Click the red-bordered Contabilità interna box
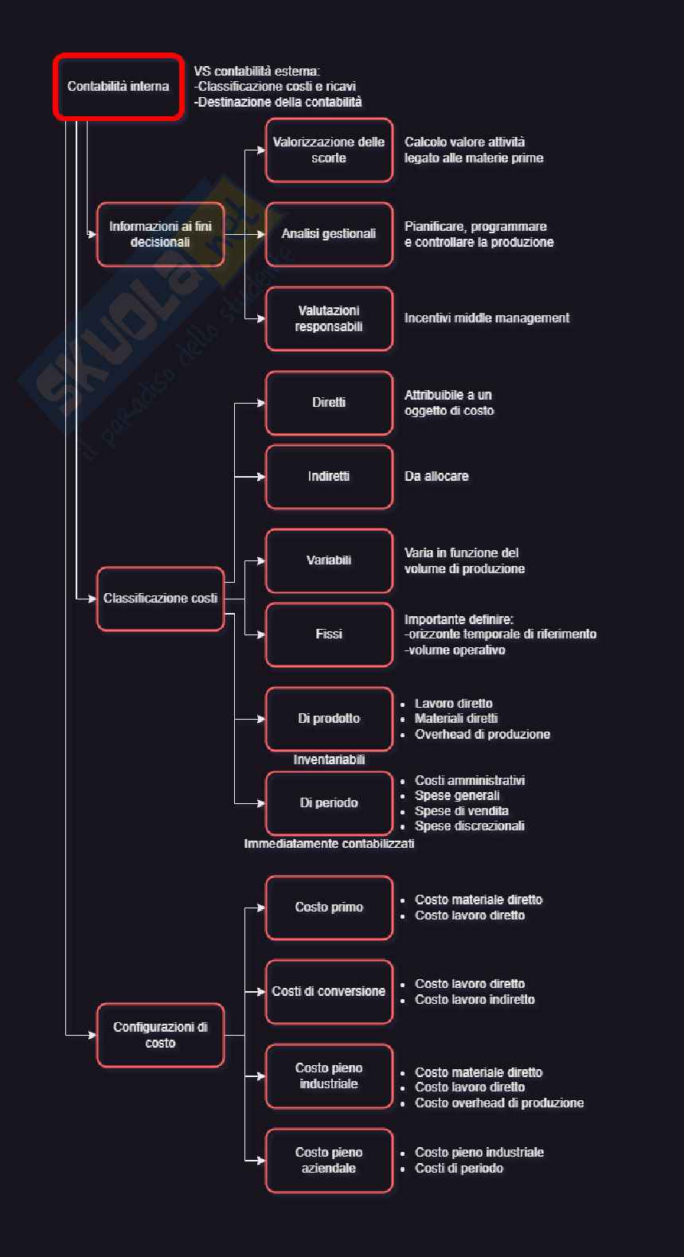tap(119, 87)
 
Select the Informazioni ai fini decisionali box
tap(160, 234)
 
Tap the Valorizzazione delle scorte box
tap(329, 150)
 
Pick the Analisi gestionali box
tap(329, 234)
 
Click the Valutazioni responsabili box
tap(329, 318)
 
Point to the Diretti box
tap(329, 403)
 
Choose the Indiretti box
tap(329, 477)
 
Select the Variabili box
tap(329, 560)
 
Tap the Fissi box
tap(329, 634)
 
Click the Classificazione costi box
tap(160, 599)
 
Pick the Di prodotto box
tap(329, 719)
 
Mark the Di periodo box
tap(329, 803)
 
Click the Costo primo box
tap(329, 908)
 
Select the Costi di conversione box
tap(329, 992)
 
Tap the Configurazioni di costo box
tap(160, 1035)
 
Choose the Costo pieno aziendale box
tap(329, 1161)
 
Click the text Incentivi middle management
tap(487, 318)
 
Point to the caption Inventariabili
tap(329, 760)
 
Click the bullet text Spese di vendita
tap(462, 811)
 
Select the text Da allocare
tap(436, 477)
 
